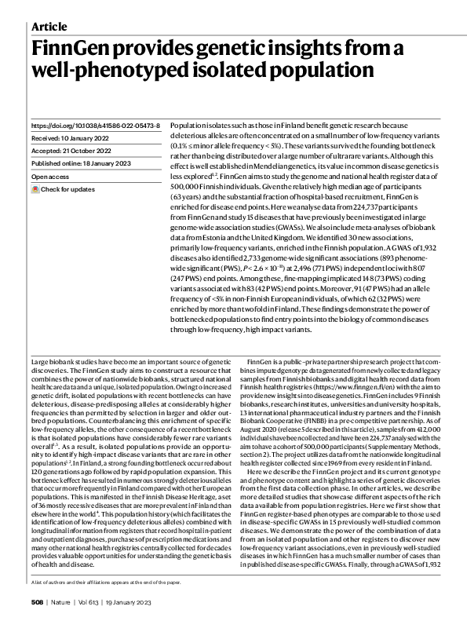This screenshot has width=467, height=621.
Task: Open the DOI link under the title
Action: (x=95, y=126)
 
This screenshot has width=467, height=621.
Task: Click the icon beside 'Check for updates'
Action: (x=35, y=189)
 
